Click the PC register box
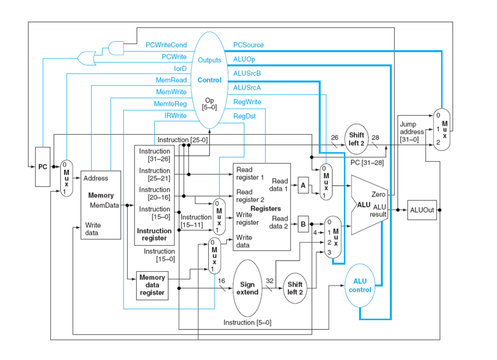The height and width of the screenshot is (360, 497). pos(43,167)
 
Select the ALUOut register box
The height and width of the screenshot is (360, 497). pos(422,210)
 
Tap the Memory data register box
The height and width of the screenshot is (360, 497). pos(152,285)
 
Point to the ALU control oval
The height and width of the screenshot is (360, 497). pos(360,286)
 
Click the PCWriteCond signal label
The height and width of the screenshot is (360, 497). pos(166,45)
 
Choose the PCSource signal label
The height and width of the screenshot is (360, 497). pos(248,45)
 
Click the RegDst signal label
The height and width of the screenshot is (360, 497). pos(244,115)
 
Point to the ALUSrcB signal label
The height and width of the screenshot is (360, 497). pos(247,73)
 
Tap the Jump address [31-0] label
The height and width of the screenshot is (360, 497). pos(412,132)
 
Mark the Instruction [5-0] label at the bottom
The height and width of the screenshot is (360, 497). pos(247,323)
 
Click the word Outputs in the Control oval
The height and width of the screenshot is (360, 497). pos(209,60)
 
